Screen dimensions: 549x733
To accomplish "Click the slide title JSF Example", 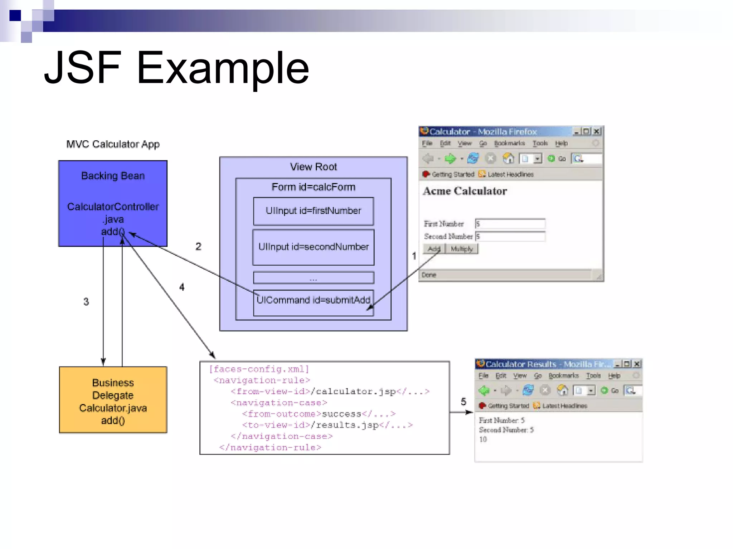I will point(176,68).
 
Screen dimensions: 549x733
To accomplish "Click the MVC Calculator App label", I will point(113,144).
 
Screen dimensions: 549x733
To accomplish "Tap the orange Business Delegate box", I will point(113,400).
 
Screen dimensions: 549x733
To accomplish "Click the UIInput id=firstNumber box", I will point(313,211).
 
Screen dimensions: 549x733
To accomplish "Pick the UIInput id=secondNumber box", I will point(313,247).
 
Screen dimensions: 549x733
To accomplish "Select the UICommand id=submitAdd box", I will point(313,302).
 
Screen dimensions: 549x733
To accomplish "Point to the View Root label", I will point(313,167).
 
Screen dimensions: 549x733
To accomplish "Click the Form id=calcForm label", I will point(313,187).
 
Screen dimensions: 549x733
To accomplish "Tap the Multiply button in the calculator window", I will point(462,249).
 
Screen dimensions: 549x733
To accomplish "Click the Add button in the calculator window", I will point(434,249).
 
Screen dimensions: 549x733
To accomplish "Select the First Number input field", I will point(510,224).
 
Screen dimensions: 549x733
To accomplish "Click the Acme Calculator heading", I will point(465,191).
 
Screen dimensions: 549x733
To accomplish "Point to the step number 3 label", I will point(86,302).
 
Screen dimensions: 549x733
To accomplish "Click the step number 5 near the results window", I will point(463,402).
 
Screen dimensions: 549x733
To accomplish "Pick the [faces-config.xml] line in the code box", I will point(259,369).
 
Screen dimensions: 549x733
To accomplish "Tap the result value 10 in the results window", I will point(483,439).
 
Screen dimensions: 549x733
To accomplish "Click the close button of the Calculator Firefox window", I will point(596,131).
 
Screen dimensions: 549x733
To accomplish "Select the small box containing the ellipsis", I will point(313,278).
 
